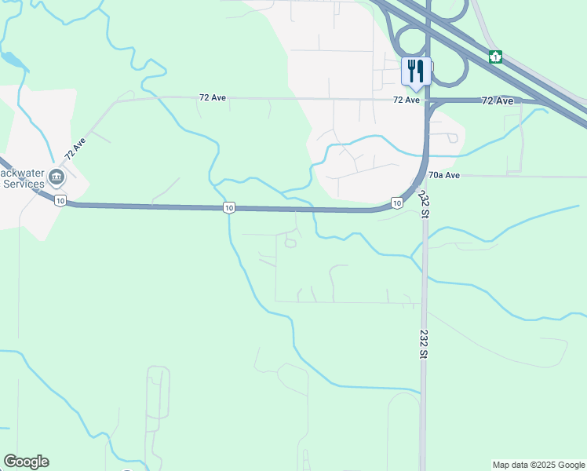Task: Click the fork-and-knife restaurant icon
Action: [x=414, y=71]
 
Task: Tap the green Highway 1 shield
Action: [x=495, y=57]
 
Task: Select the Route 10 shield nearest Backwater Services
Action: [x=60, y=201]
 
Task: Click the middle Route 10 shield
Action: [x=228, y=207]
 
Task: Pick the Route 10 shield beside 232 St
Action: [x=397, y=203]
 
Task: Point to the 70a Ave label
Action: [x=444, y=175]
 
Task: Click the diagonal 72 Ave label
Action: [x=75, y=149]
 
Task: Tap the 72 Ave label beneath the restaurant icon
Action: [x=407, y=100]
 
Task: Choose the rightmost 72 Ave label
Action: [x=498, y=100]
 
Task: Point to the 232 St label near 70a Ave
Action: [x=424, y=199]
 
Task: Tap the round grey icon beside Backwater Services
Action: [x=57, y=176]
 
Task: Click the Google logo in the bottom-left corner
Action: [x=26, y=462]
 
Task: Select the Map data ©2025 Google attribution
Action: [x=538, y=465]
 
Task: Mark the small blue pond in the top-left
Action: [x=12, y=59]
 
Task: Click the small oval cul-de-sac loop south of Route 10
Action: [x=290, y=243]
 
